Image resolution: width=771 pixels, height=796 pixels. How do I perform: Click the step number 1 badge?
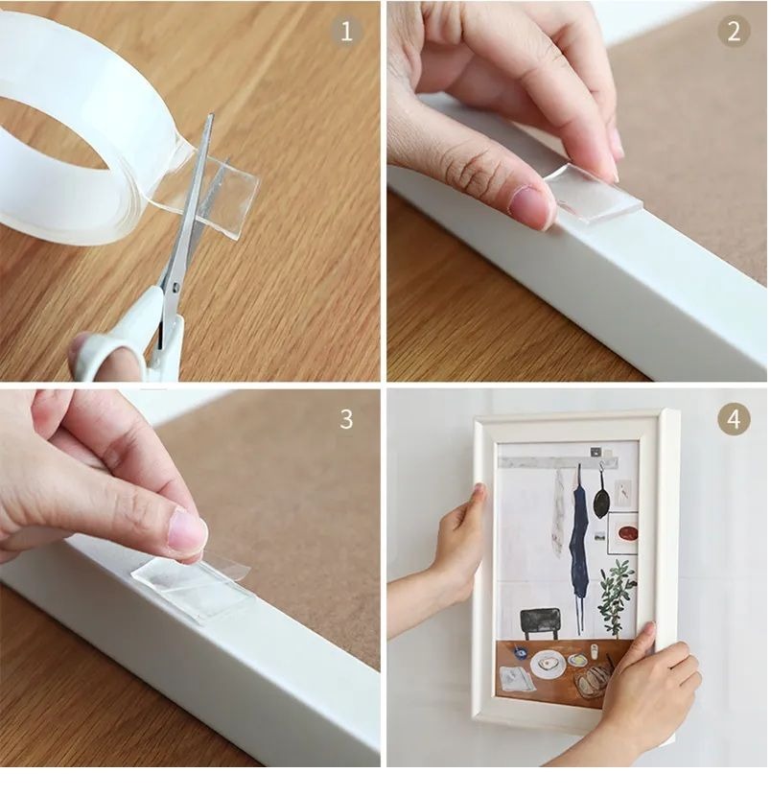click(347, 32)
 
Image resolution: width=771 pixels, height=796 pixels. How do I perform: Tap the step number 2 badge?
click(734, 32)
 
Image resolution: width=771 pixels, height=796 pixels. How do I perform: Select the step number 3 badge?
click(347, 419)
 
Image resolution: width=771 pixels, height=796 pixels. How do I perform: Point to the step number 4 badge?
click(734, 419)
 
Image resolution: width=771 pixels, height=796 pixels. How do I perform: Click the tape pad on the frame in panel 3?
click(192, 584)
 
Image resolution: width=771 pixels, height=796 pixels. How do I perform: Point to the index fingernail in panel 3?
click(186, 530)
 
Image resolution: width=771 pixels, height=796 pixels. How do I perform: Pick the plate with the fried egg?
click(548, 665)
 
